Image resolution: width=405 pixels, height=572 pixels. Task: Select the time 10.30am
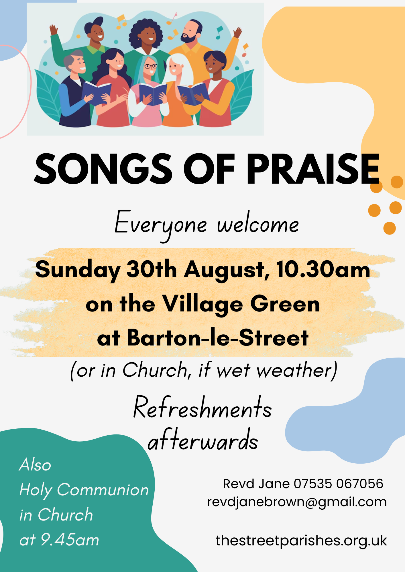[323, 270]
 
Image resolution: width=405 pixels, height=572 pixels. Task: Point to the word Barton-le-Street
[218, 338]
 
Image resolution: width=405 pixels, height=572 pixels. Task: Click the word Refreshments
[202, 407]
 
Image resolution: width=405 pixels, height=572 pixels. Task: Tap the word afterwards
[203, 440]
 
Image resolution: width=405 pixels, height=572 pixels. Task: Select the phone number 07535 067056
[338, 484]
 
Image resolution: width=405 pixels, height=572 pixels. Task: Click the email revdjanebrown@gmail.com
[297, 502]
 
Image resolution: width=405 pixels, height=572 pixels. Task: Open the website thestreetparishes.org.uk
[301, 541]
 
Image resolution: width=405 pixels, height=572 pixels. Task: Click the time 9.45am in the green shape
[70, 540]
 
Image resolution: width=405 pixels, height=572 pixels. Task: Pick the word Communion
[103, 490]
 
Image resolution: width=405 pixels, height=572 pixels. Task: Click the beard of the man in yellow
[189, 37]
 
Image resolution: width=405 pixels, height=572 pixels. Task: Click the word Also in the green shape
[35, 464]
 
